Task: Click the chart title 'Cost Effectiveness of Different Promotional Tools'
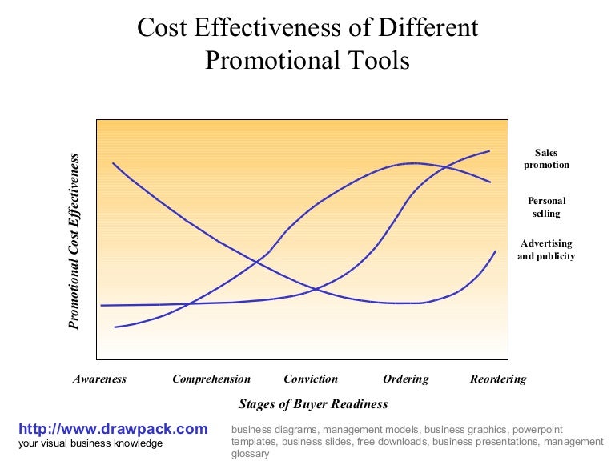tap(307, 44)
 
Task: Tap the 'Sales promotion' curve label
tap(546, 158)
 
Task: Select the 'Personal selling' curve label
tap(546, 207)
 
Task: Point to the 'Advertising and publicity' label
tap(546, 250)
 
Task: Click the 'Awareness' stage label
tap(99, 379)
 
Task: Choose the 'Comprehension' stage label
tap(211, 379)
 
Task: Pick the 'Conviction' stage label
tap(311, 379)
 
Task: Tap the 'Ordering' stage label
tap(405, 379)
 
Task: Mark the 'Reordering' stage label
tap(498, 379)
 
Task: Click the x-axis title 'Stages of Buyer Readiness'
tap(313, 404)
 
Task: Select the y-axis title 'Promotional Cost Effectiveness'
tap(74, 242)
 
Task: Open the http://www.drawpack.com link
tap(113, 429)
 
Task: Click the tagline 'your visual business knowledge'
tap(90, 443)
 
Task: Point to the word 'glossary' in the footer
tap(250, 453)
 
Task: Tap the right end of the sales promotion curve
tap(488, 150)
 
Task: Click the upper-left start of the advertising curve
tap(113, 163)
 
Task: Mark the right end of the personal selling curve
tap(489, 182)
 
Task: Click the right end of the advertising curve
tap(495, 251)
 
